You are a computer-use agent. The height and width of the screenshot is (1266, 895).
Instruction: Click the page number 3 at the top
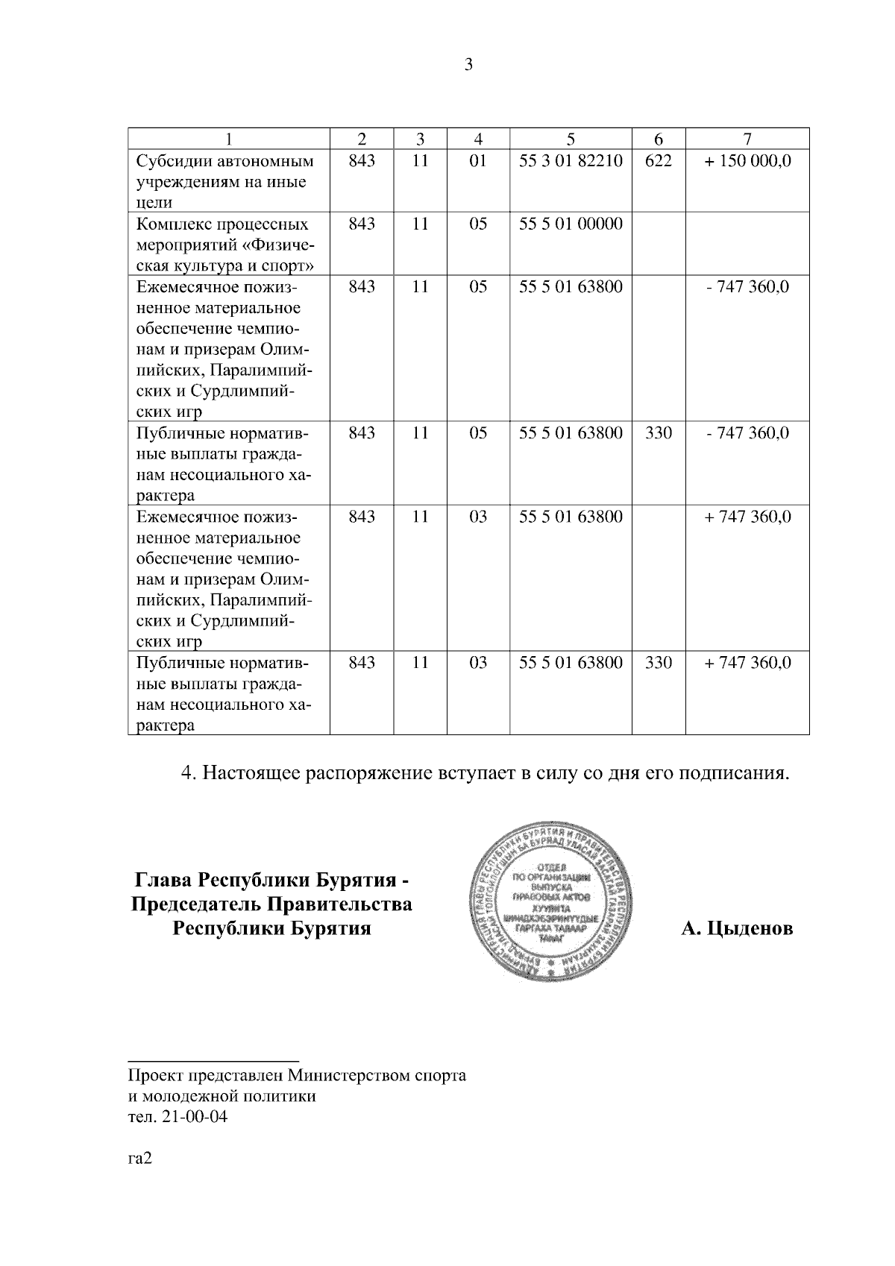(468, 65)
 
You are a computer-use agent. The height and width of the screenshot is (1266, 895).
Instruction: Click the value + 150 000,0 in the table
(747, 161)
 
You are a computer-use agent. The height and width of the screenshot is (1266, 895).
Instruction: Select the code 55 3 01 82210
(571, 161)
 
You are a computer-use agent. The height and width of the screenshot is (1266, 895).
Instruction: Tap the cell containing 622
(659, 161)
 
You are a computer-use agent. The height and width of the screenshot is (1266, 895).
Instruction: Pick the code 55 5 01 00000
(571, 224)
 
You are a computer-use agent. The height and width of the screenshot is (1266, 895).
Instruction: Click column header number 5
(571, 139)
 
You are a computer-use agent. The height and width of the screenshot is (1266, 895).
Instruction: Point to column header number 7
(747, 139)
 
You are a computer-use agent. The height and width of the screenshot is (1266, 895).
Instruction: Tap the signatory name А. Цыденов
(737, 929)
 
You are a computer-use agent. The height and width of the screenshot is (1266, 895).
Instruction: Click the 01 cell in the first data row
(478, 161)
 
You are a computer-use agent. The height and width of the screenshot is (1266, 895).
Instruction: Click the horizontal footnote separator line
(213, 1059)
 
